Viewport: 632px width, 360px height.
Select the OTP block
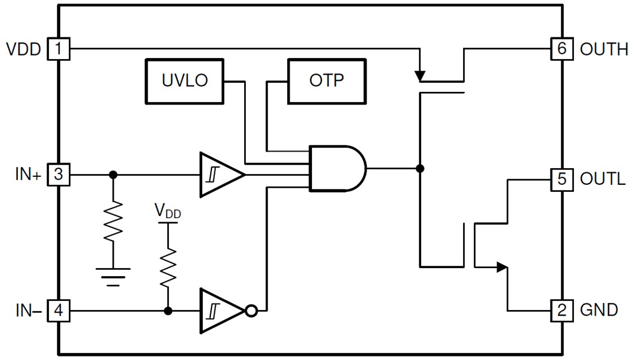click(326, 81)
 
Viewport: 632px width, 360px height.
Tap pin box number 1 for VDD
click(58, 49)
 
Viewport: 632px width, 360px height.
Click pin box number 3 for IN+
click(58, 175)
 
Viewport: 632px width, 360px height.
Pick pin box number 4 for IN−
click(58, 311)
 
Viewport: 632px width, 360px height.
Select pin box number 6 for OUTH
click(561, 49)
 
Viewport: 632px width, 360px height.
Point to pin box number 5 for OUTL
click(561, 179)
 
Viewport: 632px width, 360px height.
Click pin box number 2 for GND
click(561, 311)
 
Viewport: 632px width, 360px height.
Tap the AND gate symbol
click(336, 168)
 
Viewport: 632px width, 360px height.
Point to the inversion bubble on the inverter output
click(251, 311)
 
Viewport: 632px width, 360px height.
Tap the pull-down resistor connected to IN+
click(113, 220)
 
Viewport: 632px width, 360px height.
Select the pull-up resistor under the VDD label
click(168, 266)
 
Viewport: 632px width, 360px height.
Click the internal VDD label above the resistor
click(168, 211)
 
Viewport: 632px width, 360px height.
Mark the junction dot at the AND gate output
click(420, 168)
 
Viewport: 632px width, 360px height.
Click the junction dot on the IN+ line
click(113, 175)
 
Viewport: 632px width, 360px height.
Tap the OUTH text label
click(604, 49)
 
